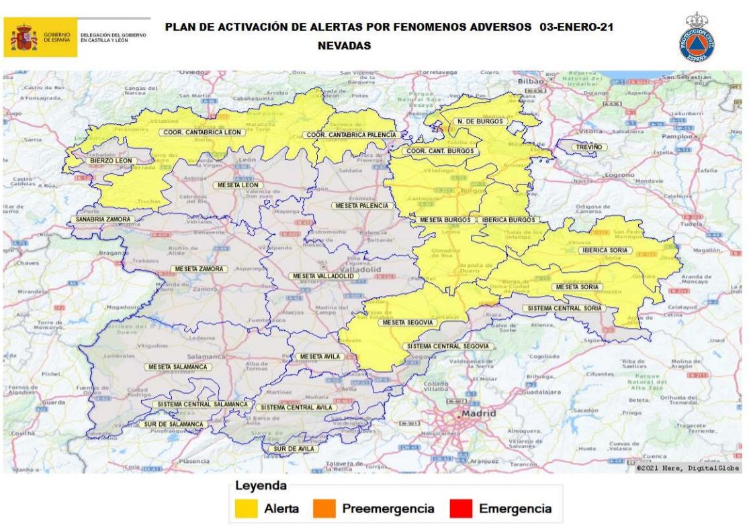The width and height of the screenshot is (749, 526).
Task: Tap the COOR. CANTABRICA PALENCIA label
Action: (350, 135)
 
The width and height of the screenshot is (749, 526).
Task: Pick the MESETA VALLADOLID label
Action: (322, 276)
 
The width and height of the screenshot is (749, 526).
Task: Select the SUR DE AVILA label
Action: (292, 449)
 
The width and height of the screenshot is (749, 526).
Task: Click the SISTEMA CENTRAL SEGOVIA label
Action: (449, 346)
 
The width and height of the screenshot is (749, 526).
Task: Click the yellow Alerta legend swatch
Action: (247, 509)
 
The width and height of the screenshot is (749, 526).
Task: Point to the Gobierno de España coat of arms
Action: (23, 38)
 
